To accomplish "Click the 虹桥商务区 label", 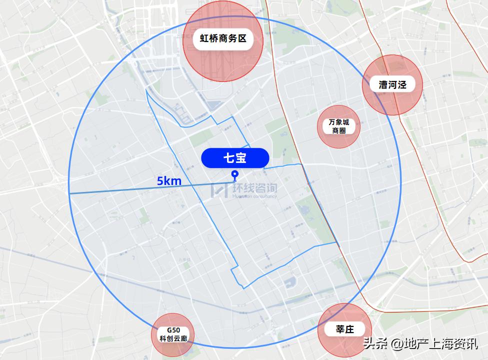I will (223, 39).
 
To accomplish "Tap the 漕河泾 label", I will (392, 84).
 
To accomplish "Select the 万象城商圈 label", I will (339, 126).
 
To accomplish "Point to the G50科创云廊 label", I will (173, 334).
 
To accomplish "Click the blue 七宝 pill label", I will (235, 158).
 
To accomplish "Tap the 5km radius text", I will (169, 181).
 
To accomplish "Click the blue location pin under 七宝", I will (234, 174).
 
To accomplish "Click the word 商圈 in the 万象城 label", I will (339, 131).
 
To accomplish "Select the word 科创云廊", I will (173, 338).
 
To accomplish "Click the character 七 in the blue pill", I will (228, 158).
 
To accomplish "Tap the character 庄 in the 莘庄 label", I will (351, 329).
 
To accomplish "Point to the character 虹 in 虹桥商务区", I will (204, 39).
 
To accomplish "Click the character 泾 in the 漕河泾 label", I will (402, 84).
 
